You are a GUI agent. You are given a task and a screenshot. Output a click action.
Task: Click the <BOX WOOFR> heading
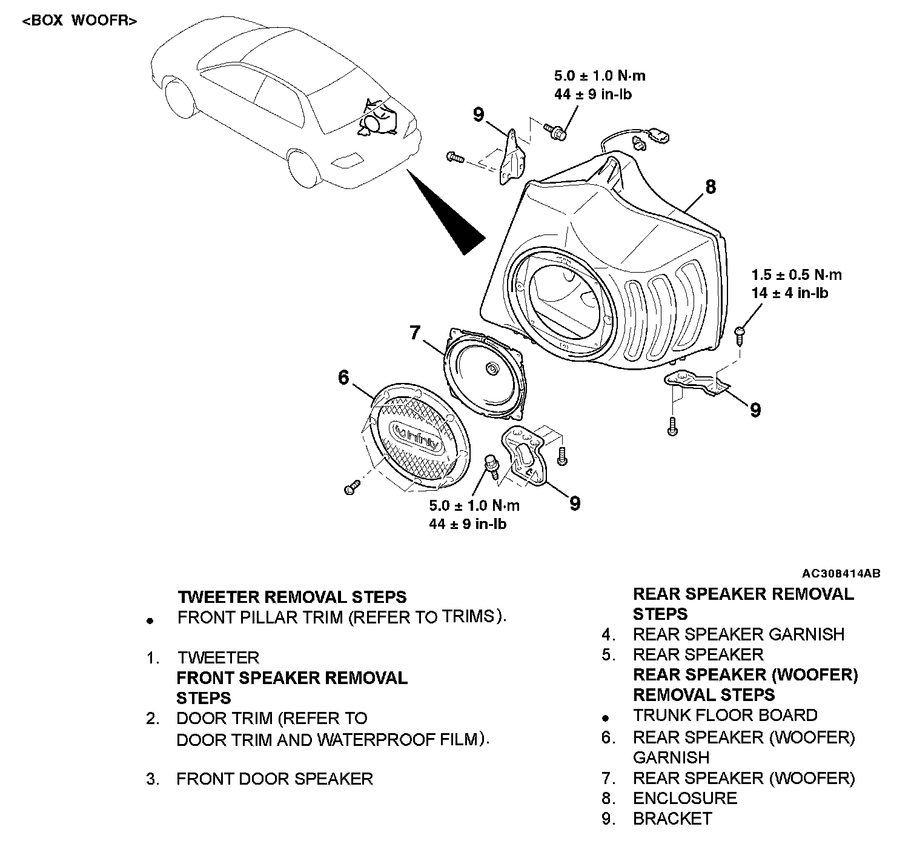pyautogui.click(x=79, y=21)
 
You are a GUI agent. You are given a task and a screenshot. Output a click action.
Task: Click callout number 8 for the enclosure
pyautogui.click(x=710, y=187)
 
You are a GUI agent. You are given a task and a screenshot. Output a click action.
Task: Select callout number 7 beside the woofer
pyautogui.click(x=414, y=333)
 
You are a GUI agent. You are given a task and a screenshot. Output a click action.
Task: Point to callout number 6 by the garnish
pyautogui.click(x=343, y=377)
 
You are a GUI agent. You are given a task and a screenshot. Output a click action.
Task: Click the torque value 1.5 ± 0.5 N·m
pyautogui.click(x=796, y=274)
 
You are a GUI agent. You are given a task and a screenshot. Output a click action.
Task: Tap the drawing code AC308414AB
pyautogui.click(x=841, y=573)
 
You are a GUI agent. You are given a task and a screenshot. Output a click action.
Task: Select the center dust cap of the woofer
pyautogui.click(x=491, y=368)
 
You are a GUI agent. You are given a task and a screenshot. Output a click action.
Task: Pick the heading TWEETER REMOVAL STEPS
pyautogui.click(x=292, y=597)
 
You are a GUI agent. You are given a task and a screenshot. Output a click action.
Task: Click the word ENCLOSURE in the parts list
pyautogui.click(x=685, y=798)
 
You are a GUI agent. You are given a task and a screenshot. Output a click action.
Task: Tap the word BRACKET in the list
pyautogui.click(x=672, y=819)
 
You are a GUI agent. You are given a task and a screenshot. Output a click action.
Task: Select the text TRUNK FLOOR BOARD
pyautogui.click(x=725, y=715)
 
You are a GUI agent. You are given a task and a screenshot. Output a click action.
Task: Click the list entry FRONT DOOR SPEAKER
pyautogui.click(x=274, y=779)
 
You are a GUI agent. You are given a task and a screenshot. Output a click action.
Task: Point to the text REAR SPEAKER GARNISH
pyautogui.click(x=738, y=634)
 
